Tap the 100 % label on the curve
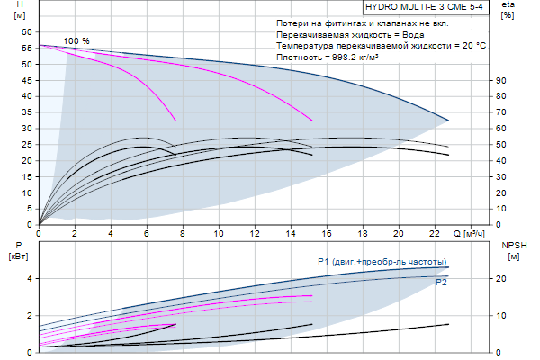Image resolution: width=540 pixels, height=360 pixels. point(76,41)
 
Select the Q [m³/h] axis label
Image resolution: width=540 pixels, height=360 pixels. point(475,235)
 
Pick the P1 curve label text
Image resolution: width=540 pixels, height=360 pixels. point(382,262)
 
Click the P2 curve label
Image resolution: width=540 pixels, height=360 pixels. point(442,283)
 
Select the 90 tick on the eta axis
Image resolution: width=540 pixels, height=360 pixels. point(502,80)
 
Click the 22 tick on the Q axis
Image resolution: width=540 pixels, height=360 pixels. point(436,234)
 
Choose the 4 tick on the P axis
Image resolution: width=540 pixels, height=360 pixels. point(31,279)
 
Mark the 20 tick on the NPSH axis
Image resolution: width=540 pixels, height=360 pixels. point(502,279)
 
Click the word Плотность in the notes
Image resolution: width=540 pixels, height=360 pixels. point(299,57)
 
